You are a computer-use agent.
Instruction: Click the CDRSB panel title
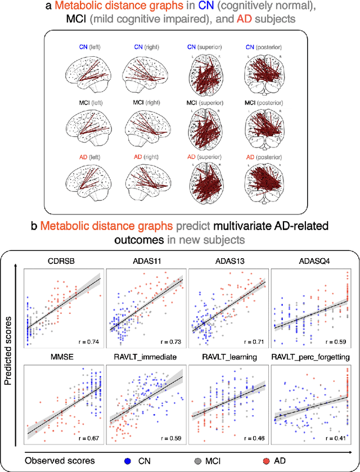pos(62,260)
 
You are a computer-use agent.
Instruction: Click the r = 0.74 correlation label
pos(87,341)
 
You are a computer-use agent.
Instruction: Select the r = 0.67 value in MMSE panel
pos(87,437)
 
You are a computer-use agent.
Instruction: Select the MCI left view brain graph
pos(87,129)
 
